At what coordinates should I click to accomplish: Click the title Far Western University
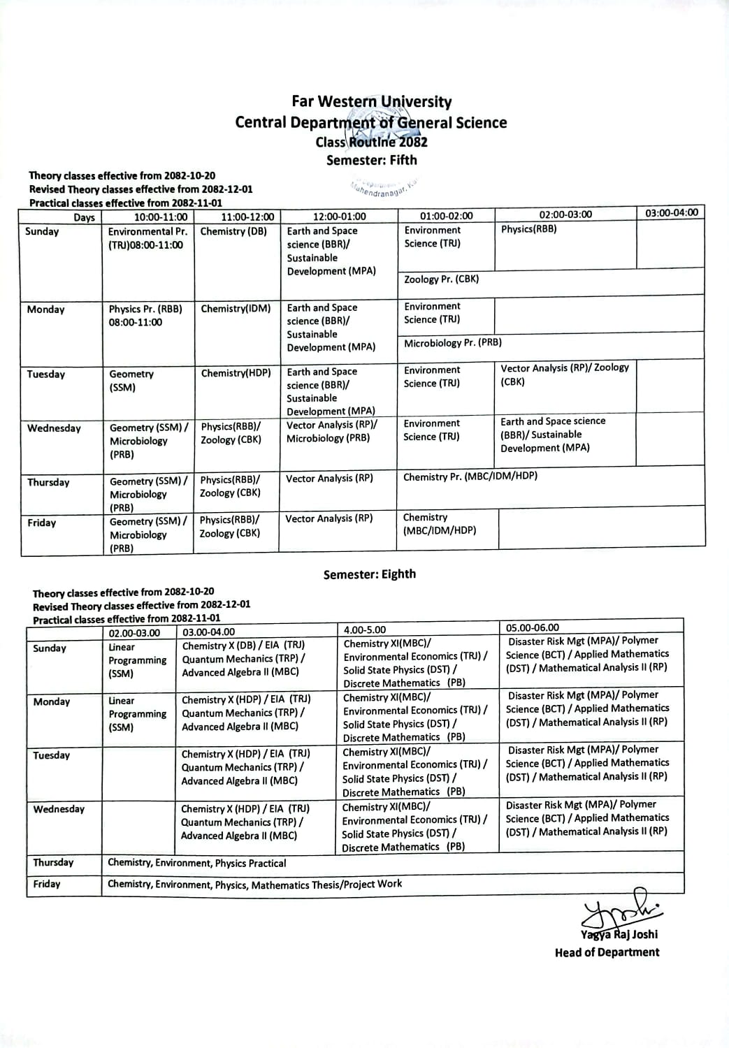pos(371,102)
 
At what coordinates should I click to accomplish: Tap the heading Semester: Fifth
pos(371,160)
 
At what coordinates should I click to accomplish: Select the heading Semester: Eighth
pos(369,574)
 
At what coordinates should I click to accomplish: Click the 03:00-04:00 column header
pos(671,212)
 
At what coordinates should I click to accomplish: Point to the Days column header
pos(84,217)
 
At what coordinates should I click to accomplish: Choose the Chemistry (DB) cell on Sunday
pos(233,231)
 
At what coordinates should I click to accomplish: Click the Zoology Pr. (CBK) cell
pos(441,279)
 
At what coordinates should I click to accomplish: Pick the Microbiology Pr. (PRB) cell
pos(452,343)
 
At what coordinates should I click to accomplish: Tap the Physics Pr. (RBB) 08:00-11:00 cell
pos(145,315)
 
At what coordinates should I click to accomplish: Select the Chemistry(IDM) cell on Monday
pos(236,308)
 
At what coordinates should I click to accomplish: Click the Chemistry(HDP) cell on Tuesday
pos(236,373)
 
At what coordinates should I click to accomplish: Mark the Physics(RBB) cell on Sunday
pos(528,229)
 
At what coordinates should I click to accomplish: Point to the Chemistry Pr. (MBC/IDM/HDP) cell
pos(470,476)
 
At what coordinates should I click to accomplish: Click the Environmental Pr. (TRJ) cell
pos(147,238)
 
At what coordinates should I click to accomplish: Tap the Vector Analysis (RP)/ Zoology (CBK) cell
pos(565,374)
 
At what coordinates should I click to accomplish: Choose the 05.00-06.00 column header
pos(533,627)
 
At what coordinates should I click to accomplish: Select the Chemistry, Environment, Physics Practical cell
pos(196,863)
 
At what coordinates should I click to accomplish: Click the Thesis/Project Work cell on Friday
pos(254,884)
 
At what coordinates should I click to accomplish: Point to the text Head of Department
pos(607,952)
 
